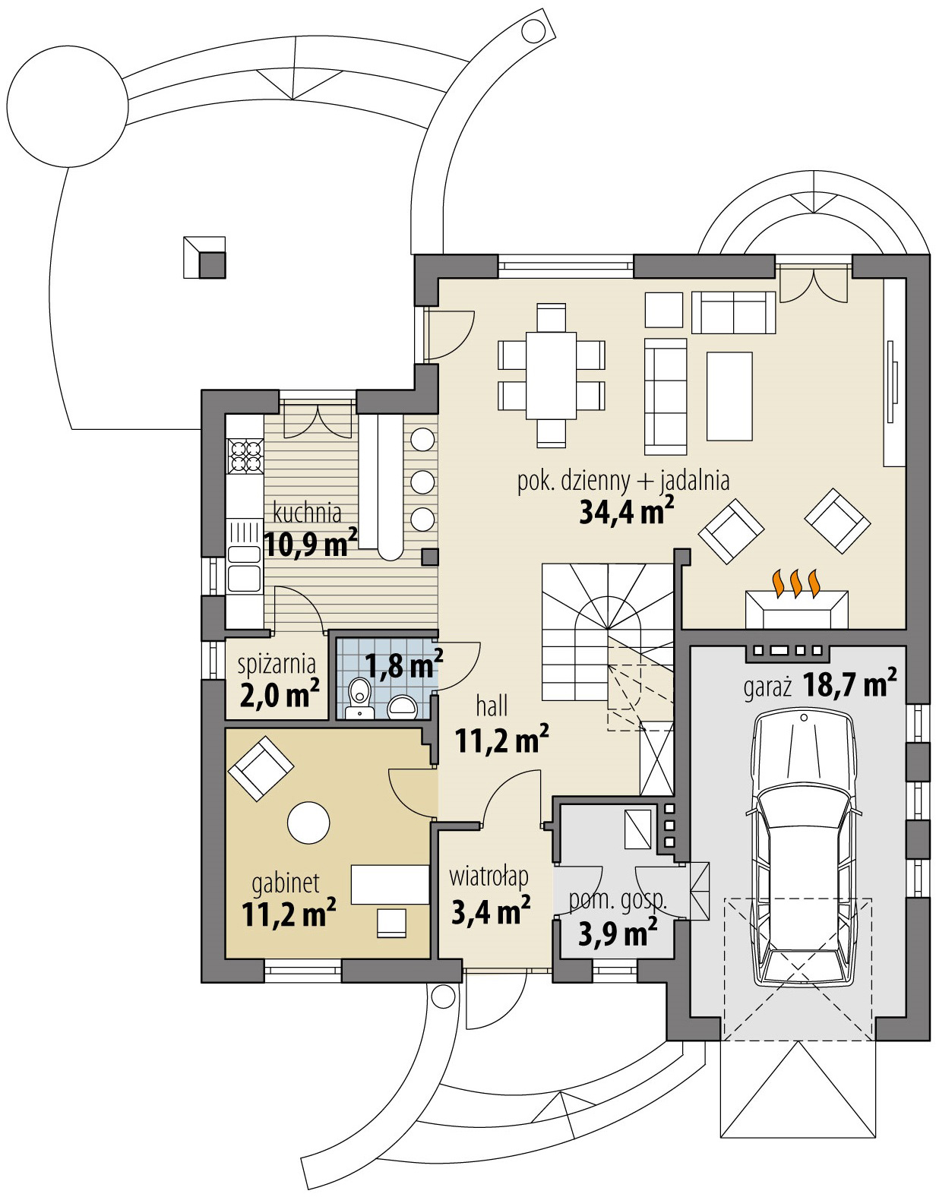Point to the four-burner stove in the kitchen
[x=245, y=456]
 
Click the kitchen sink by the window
[x=243, y=566]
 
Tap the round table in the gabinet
[x=308, y=822]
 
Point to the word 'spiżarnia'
[x=277, y=664]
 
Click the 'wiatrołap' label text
[x=488, y=876]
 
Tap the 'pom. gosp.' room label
[x=618, y=901]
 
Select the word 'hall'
[x=492, y=706]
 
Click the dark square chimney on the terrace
[x=212, y=265]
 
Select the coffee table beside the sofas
[x=730, y=395]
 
